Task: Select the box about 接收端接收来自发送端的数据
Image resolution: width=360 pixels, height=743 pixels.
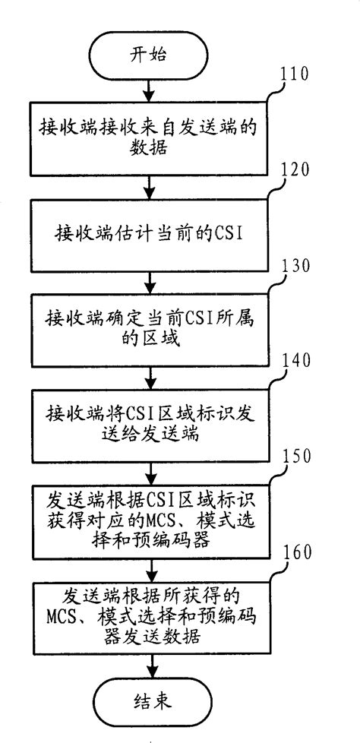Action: pos(150,139)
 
